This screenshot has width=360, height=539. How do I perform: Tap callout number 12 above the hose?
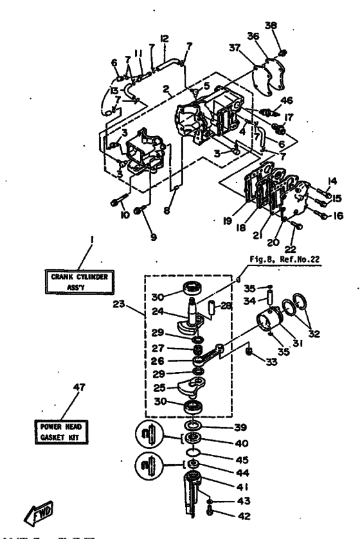[x=164, y=39]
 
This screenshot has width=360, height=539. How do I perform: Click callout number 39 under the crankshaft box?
[x=221, y=427]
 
